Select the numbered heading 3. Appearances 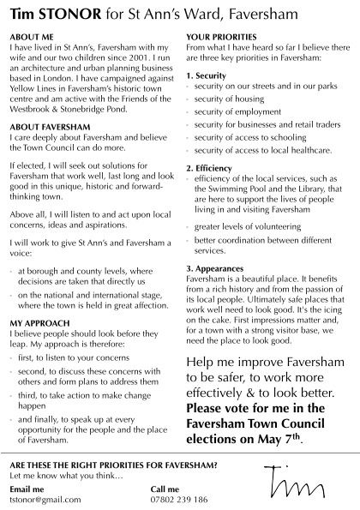[219, 268]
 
